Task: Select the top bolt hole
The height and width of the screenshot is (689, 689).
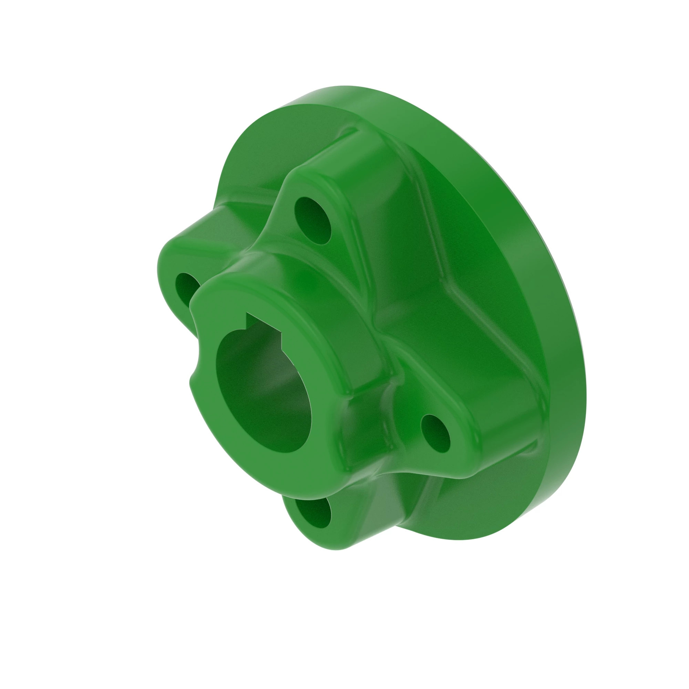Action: coord(313,220)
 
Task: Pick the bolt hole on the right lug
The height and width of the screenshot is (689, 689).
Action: coord(435,434)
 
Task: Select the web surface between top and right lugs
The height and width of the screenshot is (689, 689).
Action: coord(464,285)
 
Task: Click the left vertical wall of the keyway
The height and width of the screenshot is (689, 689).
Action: coord(246,320)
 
